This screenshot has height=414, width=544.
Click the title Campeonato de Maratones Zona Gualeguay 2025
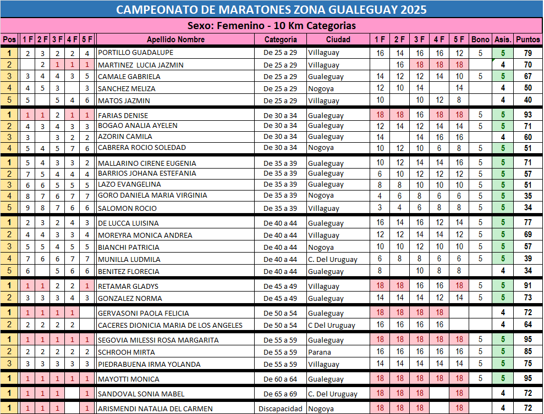point(272,9)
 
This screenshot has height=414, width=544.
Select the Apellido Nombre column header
point(175,40)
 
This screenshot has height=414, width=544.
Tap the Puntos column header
point(528,40)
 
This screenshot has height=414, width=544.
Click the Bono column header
point(480,40)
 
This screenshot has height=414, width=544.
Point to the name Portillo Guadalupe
point(135,53)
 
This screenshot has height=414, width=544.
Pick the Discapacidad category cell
point(281,409)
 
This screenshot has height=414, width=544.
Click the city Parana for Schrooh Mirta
point(320,352)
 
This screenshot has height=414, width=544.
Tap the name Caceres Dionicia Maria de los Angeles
point(170,325)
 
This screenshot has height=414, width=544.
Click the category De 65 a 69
point(281,394)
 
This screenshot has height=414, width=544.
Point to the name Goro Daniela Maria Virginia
point(152,195)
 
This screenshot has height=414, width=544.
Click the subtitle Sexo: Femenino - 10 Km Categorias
point(272,26)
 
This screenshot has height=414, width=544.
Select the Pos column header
point(9,40)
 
